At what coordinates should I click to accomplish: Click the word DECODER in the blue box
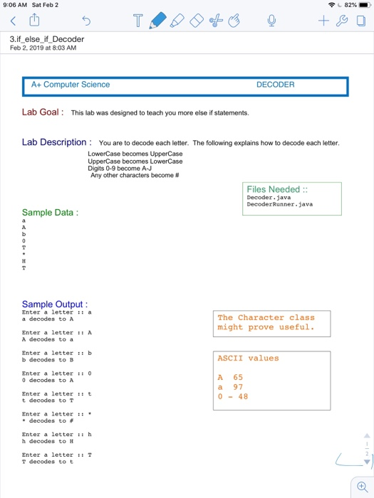click(275, 85)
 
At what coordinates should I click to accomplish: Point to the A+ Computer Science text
click(71, 85)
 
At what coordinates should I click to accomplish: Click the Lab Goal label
click(43, 112)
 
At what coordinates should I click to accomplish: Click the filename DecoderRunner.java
click(279, 204)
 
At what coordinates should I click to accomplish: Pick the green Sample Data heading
click(50, 213)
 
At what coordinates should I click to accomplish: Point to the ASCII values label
click(248, 358)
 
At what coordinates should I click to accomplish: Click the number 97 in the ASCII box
click(238, 387)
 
